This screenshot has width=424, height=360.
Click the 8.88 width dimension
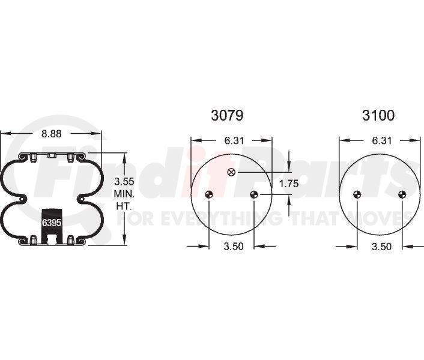52,134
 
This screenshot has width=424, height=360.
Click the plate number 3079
227,115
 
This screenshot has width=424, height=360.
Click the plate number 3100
378,115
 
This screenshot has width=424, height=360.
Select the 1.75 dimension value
289,184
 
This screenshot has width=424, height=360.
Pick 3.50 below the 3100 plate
381,246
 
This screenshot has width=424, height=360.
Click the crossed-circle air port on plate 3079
231,173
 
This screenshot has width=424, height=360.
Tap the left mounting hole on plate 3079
208,194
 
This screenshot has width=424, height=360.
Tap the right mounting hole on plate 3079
253,194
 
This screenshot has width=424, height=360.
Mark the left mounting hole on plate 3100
357,194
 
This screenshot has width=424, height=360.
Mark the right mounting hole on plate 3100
402,194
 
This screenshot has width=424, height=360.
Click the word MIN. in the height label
124,194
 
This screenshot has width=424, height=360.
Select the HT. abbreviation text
124,206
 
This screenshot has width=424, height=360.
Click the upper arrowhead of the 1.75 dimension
289,167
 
